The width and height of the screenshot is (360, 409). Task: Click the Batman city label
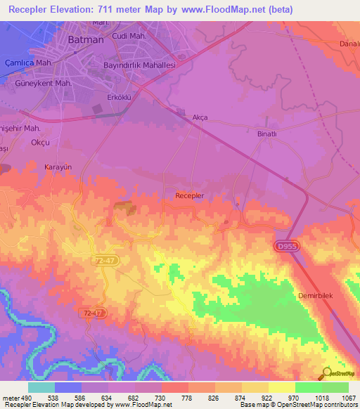point(86,40)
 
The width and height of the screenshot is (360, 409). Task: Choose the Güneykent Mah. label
point(44,82)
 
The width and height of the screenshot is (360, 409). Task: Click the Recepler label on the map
point(189,195)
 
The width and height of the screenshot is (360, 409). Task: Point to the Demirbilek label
point(319,296)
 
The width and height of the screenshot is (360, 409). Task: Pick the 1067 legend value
point(349,398)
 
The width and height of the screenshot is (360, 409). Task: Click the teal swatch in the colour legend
point(41,387)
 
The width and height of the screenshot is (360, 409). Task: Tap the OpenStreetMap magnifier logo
point(326,373)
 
